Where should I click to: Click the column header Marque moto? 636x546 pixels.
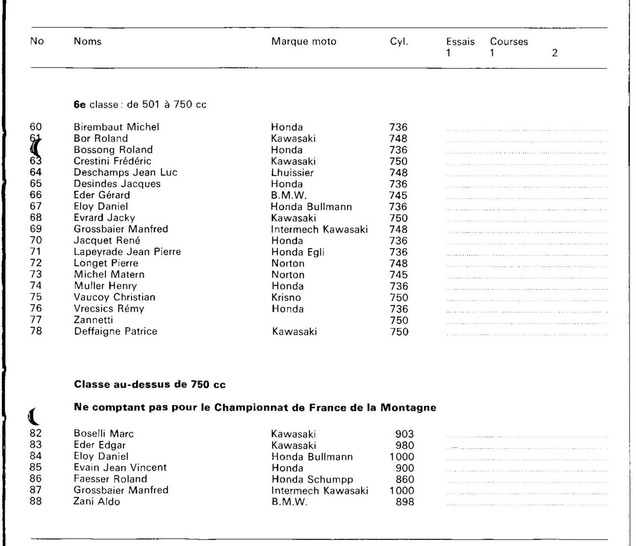click(304, 41)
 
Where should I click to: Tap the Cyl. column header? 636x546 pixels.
click(399, 41)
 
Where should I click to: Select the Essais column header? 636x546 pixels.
click(460, 42)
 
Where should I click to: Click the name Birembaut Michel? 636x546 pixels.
click(116, 127)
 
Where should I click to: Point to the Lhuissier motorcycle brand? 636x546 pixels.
click(292, 173)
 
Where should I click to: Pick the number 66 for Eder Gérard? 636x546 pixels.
click(36, 195)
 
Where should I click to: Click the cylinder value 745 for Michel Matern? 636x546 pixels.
click(398, 274)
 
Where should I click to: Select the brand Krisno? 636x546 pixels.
click(286, 298)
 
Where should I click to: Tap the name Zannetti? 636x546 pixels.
click(93, 320)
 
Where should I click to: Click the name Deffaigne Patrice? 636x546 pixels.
click(115, 331)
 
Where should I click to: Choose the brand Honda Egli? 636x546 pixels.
click(298, 252)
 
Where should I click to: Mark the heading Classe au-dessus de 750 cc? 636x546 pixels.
click(150, 384)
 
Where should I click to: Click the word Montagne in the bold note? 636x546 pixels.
click(408, 407)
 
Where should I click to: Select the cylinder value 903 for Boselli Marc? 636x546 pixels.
click(405, 434)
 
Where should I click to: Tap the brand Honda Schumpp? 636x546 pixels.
click(312, 479)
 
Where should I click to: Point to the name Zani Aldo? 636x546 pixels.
click(97, 502)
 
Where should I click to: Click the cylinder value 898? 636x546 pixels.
click(405, 502)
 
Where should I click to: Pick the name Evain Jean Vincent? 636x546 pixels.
click(120, 467)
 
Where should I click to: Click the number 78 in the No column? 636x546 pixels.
click(36, 331)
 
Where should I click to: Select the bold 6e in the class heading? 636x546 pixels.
click(80, 105)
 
